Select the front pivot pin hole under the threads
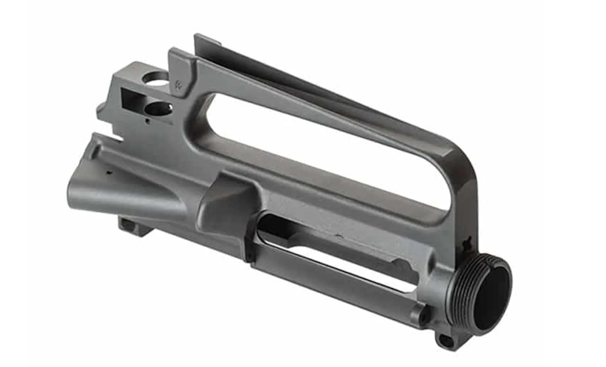[445, 342]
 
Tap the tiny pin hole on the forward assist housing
[109, 172]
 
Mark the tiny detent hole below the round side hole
[147, 121]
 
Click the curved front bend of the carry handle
[462, 163]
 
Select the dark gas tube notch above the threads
[468, 242]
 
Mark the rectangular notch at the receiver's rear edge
[116, 136]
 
